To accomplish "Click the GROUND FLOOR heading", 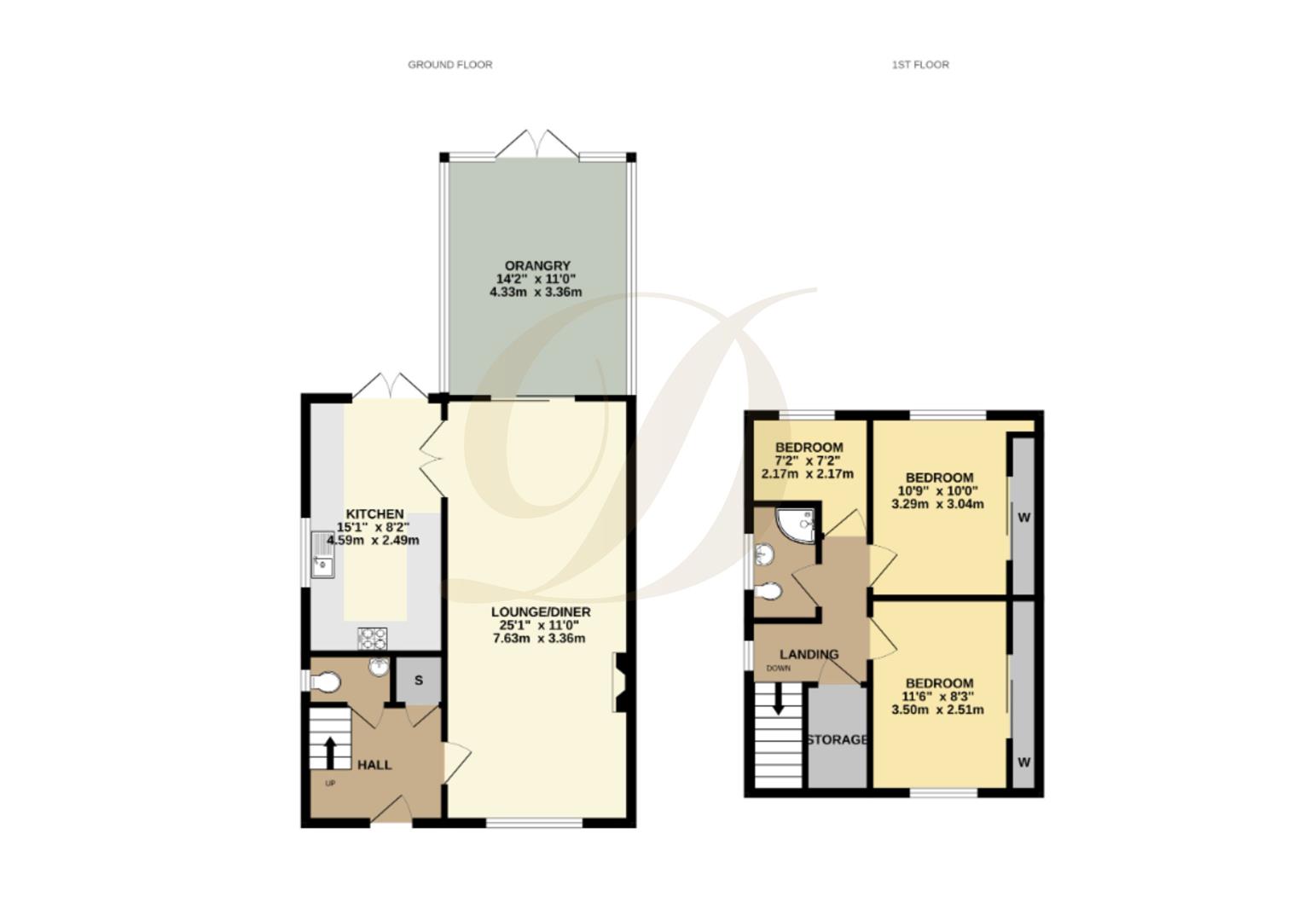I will tap(449, 64).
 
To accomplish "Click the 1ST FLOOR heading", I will tap(920, 64).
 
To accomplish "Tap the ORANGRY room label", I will tap(536, 265).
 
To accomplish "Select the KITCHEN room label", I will tap(375, 513).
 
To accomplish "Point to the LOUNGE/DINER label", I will tap(540, 611).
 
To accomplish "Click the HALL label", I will tap(374, 764).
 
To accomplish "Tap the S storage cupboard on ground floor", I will tap(419, 680).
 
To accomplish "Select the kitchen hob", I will tap(372, 637).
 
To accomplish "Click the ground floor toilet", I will tap(326, 682).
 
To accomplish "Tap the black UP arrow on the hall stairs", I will tap(330, 751).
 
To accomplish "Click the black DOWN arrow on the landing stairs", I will tap(778, 700).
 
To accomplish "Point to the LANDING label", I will tap(809, 654).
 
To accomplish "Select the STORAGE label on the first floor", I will tap(838, 739).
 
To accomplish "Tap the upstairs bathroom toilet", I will tap(769, 590).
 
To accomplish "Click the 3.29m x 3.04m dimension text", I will tap(937, 503).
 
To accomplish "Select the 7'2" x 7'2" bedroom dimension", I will tap(809, 460).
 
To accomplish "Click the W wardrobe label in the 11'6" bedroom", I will tap(1023, 762).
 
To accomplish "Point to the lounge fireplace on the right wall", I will tap(619, 682).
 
